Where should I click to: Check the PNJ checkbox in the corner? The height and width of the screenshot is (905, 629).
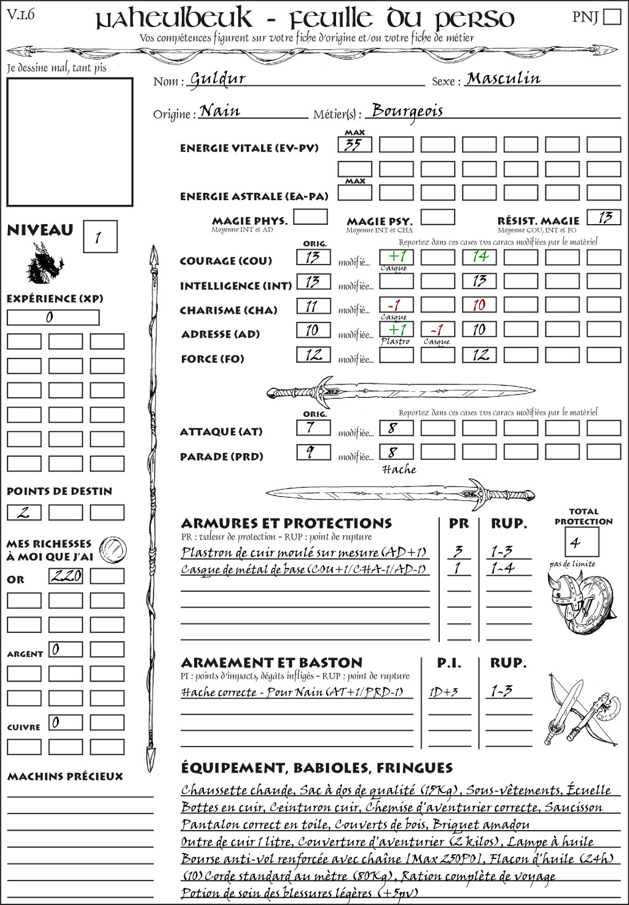tap(612, 16)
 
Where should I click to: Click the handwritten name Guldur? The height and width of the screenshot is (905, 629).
tap(217, 79)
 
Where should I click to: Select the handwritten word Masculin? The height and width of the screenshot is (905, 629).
tap(503, 79)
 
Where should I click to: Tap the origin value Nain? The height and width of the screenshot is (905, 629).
tap(220, 111)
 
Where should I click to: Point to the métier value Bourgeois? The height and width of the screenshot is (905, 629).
tap(407, 111)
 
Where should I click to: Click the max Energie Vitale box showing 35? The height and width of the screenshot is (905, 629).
tap(354, 145)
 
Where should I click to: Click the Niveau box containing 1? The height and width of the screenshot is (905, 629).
tap(100, 237)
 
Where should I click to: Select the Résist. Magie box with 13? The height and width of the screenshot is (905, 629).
tap(604, 217)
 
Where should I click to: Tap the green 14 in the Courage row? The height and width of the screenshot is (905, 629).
tap(479, 257)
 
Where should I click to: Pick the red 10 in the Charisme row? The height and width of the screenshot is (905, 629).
tap(479, 305)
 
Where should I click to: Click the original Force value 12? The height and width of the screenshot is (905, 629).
tap(313, 355)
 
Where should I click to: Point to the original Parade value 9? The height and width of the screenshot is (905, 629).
tap(313, 452)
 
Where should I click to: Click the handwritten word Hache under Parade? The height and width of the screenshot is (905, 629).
tap(399, 470)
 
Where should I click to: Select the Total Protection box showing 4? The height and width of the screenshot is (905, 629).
tap(581, 542)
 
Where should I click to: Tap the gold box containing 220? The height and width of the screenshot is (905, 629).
tap(66, 576)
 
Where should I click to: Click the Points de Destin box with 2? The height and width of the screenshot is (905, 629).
tap(24, 512)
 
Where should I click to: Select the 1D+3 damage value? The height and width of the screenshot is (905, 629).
tap(443, 692)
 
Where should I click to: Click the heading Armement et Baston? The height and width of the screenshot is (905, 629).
tap(272, 663)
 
